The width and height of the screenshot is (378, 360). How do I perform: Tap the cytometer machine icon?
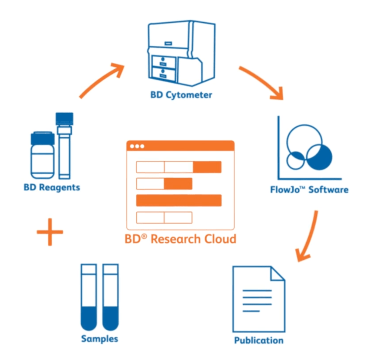181,52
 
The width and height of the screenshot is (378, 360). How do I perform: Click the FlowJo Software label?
309,189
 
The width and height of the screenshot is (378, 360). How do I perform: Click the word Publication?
258,340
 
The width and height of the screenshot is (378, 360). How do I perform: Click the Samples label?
100,339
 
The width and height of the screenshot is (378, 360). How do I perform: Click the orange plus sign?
50,232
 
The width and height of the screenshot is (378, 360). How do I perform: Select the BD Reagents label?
52,187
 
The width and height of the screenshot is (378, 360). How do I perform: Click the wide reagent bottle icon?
42,155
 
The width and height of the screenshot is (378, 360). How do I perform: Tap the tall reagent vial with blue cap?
64,145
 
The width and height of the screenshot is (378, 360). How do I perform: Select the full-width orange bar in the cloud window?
179,200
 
